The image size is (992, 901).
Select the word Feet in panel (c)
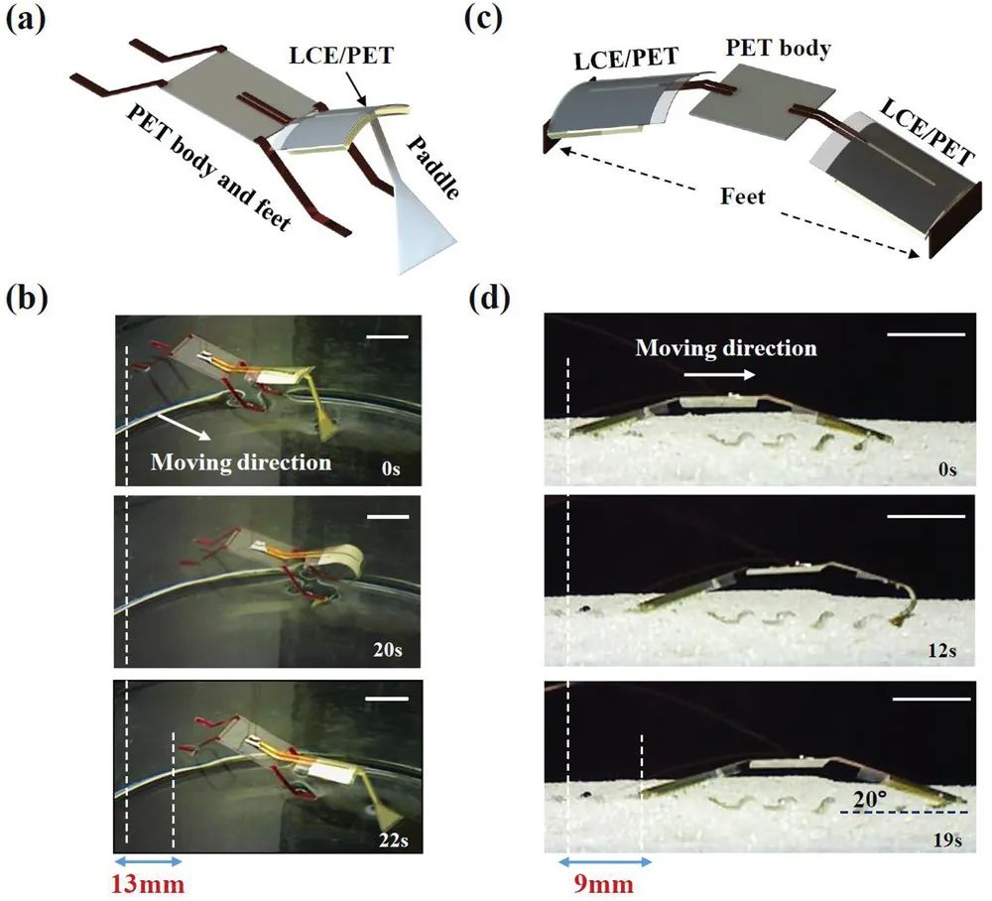[744, 196]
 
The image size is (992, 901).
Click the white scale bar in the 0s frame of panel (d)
[926, 334]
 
